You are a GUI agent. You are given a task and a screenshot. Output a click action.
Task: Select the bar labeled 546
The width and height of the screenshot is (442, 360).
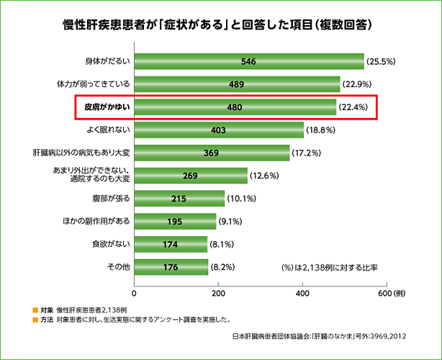point(249,62)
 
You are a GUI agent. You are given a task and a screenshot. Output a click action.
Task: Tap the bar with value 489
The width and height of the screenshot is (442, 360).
point(238,85)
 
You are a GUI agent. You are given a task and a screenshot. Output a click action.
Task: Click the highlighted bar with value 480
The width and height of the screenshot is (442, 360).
point(235,108)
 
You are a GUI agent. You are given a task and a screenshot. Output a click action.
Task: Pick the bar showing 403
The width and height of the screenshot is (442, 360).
point(219,130)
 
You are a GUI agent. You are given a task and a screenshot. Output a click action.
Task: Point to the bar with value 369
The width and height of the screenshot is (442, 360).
point(212,153)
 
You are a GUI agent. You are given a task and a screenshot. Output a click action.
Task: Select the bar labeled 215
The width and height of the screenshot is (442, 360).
point(179,198)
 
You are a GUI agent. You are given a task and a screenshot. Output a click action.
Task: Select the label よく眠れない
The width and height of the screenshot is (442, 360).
point(108,130)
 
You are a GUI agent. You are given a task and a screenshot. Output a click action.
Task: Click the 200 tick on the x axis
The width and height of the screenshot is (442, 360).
point(218,292)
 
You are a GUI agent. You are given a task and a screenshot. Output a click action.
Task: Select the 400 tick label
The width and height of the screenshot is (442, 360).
point(302,292)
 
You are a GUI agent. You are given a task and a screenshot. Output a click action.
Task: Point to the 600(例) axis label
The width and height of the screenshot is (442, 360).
point(392,292)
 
